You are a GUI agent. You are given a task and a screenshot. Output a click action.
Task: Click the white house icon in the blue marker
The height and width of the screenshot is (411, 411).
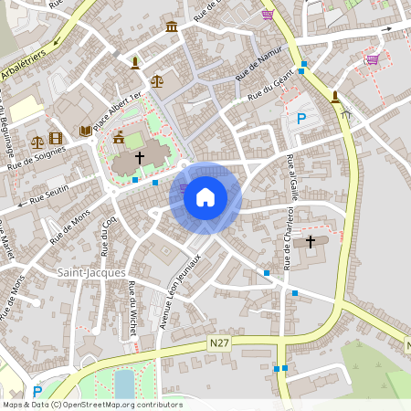tap(205, 196)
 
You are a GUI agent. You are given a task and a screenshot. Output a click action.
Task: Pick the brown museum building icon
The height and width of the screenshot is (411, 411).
tap(172, 29)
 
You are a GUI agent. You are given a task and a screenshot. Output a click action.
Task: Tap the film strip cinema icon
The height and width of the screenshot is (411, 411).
tap(58, 139)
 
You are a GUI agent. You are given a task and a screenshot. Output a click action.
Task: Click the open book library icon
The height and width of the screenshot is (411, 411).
tap(86, 132)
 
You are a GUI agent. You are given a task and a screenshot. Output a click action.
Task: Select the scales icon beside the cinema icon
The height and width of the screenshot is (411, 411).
tap(37, 142)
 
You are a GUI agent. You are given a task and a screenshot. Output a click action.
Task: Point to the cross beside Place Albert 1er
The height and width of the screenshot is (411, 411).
tap(140, 158)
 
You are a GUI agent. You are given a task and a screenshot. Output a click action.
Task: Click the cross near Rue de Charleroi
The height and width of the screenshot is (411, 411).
tap(311, 241)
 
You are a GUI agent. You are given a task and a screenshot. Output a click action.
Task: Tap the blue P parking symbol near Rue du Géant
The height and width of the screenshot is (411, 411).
tap(301, 118)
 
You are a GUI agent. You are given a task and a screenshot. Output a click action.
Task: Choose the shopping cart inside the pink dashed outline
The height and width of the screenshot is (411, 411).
tap(372, 59)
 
